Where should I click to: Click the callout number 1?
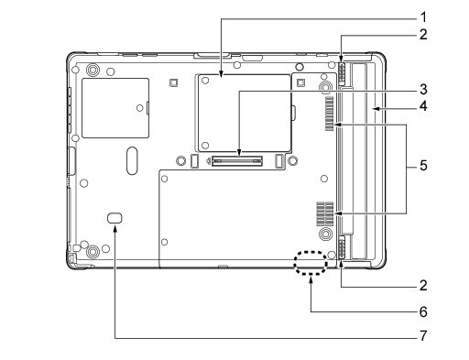point(423,17)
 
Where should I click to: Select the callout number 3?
point(423,90)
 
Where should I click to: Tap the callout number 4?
point(423,106)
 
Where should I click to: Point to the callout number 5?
point(423,166)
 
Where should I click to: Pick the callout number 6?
point(423,312)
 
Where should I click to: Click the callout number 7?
point(423,336)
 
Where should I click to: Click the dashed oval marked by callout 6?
point(311,262)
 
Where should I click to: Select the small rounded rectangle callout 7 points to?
point(115,217)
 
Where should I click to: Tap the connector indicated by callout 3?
point(237,160)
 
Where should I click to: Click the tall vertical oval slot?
point(132,160)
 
